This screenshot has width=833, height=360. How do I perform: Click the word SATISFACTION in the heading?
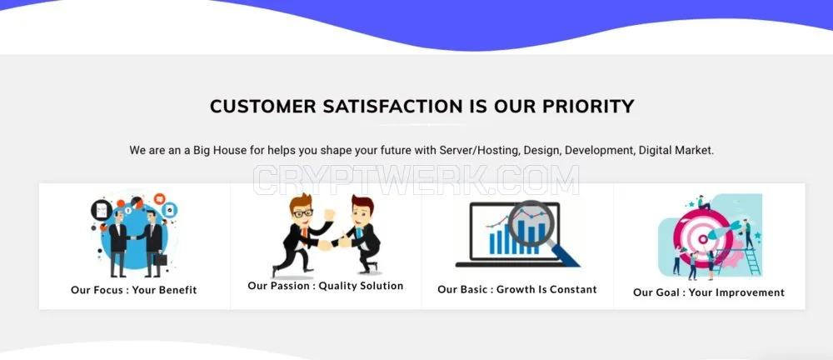click(392, 107)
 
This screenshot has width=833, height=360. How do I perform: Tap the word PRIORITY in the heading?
click(588, 107)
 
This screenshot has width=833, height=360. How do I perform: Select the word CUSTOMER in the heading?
click(263, 107)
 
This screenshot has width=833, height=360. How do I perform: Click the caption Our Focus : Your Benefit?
click(134, 290)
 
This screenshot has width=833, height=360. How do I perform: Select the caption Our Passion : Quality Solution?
click(326, 286)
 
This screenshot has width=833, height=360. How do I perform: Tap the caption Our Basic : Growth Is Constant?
click(517, 290)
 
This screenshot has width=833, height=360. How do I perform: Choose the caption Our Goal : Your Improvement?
click(709, 292)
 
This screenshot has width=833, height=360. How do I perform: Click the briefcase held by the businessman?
click(160, 259)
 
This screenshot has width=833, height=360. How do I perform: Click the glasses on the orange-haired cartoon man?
click(303, 213)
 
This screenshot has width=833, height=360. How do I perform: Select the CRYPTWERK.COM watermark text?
click(416, 180)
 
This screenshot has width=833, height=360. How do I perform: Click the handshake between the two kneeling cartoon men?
click(332, 244)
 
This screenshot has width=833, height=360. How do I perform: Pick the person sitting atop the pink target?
click(703, 202)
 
